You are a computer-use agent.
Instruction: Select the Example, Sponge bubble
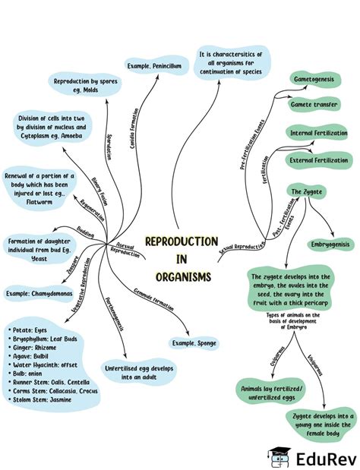click(194, 343)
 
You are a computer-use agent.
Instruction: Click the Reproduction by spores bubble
click(85, 85)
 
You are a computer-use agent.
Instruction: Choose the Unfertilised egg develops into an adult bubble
click(140, 372)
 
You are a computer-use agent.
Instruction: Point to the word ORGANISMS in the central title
click(181, 277)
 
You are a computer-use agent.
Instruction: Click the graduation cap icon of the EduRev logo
click(278, 457)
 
